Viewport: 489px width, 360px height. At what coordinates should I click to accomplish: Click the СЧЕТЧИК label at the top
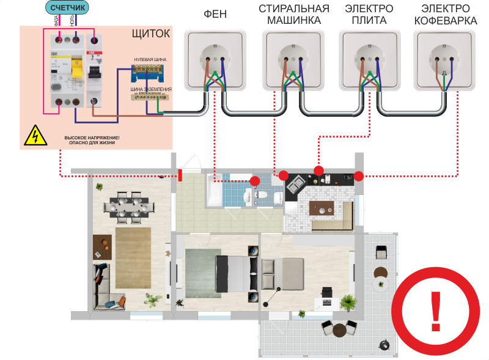coord(68,8)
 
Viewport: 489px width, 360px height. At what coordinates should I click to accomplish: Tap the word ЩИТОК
coord(150,34)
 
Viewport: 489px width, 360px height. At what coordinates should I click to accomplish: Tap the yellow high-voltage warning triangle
coord(35,136)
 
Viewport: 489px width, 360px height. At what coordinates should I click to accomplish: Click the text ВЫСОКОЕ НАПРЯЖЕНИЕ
coord(92,138)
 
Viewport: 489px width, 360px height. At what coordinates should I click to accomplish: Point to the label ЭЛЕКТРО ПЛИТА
coord(369,15)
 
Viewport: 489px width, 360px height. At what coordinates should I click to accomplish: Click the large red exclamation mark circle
coord(436,310)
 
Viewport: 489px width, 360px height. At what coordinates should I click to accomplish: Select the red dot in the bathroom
coord(254,181)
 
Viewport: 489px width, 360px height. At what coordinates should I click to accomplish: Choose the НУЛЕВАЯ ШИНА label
coord(150,59)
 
